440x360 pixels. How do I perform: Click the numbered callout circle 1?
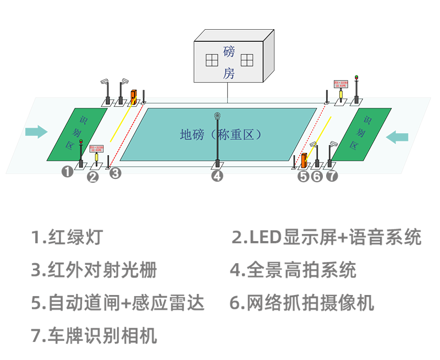click(x=68, y=172)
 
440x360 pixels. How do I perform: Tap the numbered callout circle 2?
click(x=93, y=176)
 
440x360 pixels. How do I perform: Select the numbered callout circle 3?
click(x=114, y=173)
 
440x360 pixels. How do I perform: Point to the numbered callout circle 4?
click(x=218, y=176)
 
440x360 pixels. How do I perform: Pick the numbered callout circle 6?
click(x=316, y=176)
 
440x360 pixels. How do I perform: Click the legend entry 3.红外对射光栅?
click(x=94, y=270)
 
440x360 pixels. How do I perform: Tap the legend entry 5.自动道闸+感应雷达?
click(x=118, y=303)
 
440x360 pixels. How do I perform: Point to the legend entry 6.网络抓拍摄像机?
click(x=301, y=303)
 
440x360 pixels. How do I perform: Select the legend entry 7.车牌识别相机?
click(x=94, y=335)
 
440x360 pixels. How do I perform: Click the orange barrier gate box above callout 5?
click(x=303, y=161)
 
